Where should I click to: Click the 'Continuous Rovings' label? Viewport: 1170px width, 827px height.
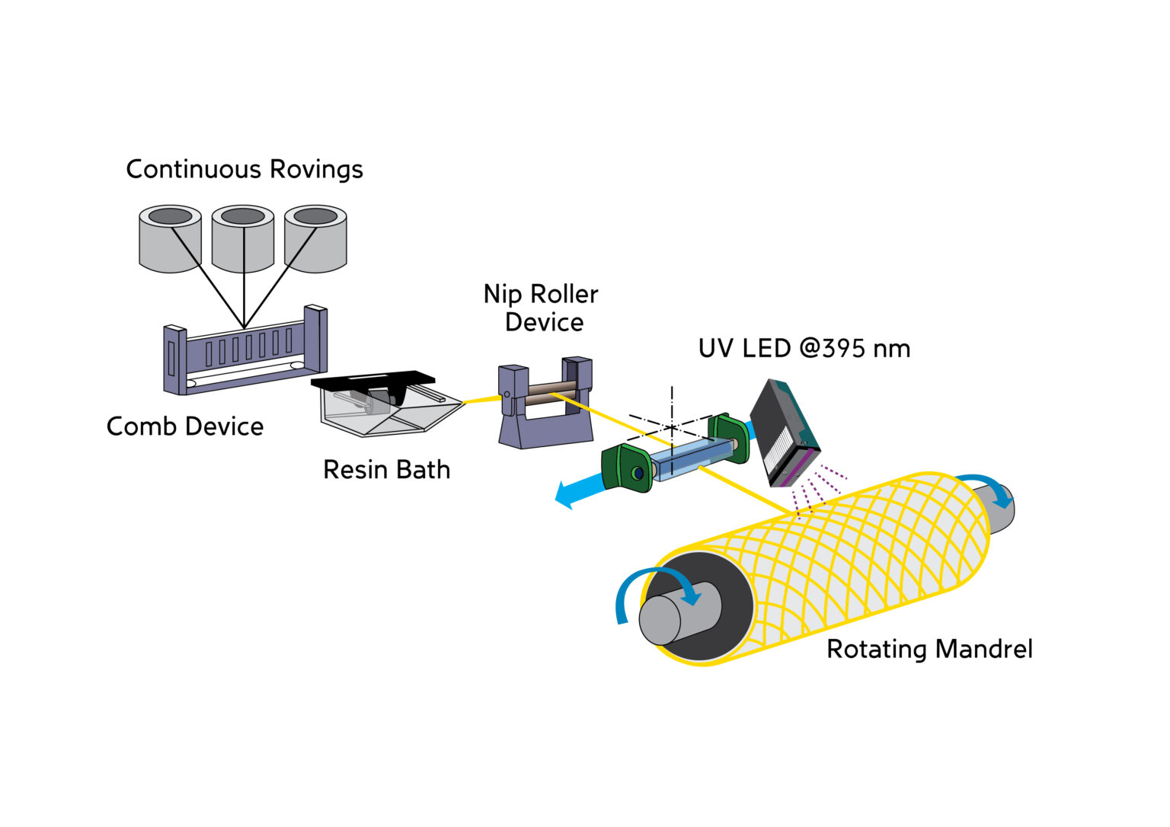244,169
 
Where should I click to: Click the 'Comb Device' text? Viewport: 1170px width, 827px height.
185,426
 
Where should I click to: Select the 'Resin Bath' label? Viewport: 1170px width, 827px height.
386,470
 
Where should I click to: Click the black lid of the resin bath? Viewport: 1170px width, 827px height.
373,379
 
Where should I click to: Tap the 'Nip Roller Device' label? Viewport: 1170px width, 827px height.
542,308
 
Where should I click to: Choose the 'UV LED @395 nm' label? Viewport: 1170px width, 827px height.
804,349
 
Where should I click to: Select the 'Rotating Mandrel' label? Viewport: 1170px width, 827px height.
929,649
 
